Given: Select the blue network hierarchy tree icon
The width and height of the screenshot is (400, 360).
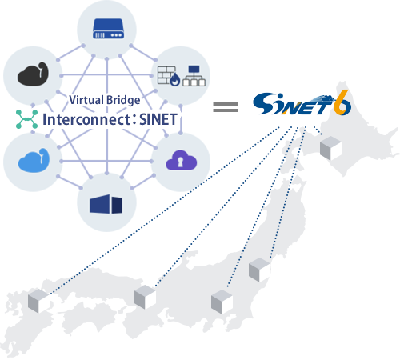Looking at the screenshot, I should click(x=193, y=76).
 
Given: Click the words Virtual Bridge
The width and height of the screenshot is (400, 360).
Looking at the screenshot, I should click(x=105, y=101).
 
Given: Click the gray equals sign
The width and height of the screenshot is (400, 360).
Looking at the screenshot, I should click(x=226, y=106).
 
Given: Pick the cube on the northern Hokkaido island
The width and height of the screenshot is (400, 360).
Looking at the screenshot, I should click(x=330, y=148).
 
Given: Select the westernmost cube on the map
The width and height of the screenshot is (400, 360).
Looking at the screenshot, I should click(x=38, y=302).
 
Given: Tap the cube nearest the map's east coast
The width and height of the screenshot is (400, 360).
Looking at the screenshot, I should click(x=259, y=270).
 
